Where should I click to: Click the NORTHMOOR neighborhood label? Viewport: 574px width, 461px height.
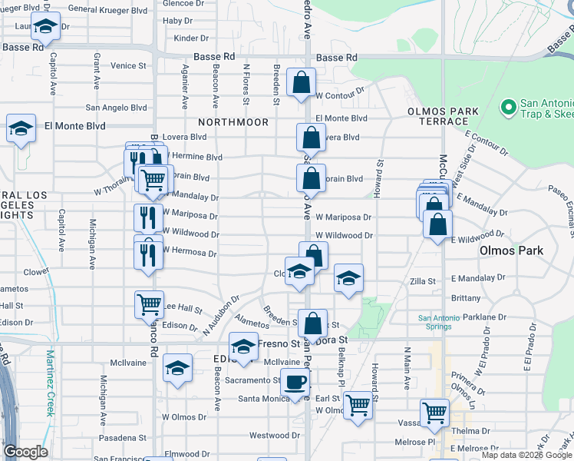(x=233, y=123)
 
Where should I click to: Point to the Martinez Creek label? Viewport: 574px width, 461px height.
(x=50, y=383)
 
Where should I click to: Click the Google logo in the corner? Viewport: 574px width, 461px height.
(x=25, y=452)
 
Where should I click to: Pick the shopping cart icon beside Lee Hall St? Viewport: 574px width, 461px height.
(x=149, y=303)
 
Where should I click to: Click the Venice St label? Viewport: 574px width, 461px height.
(x=128, y=66)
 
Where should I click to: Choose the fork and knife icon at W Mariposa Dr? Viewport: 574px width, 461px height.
(x=147, y=217)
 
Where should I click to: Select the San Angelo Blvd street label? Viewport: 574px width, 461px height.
(x=116, y=108)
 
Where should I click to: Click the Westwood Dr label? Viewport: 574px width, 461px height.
(x=268, y=436)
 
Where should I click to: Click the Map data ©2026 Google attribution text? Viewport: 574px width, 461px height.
(x=526, y=455)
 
